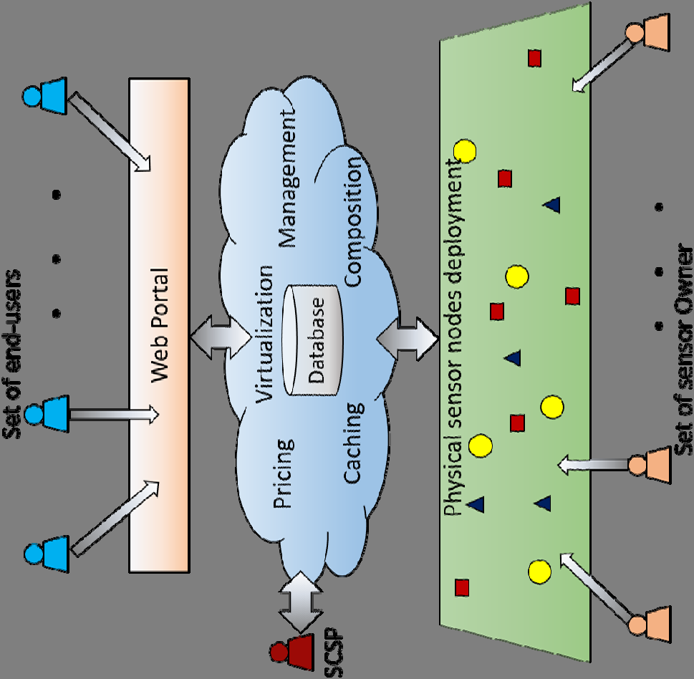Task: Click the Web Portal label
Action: pyautogui.click(x=159, y=324)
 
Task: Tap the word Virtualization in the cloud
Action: pyautogui.click(x=264, y=334)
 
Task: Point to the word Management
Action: pyautogui.click(x=288, y=179)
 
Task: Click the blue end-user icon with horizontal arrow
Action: pyautogui.click(x=47, y=412)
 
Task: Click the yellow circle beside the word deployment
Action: pyautogui.click(x=466, y=150)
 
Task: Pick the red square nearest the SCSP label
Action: pyautogui.click(x=462, y=587)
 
